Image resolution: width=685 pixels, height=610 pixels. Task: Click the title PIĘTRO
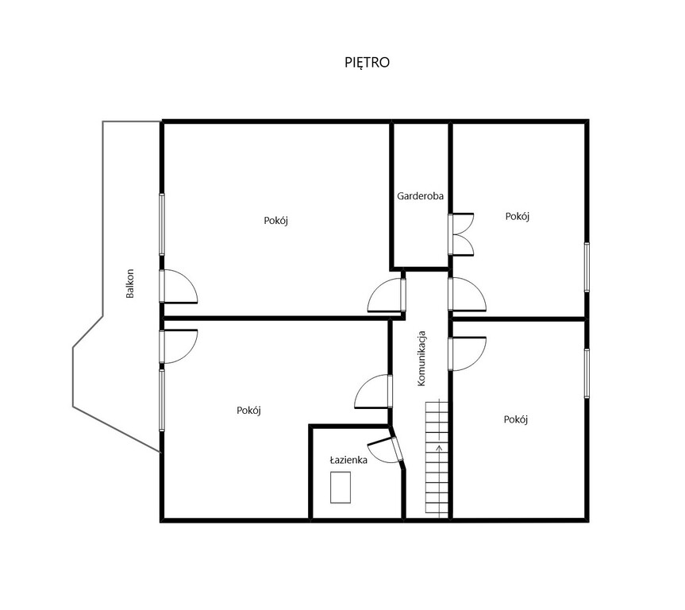coord(367,63)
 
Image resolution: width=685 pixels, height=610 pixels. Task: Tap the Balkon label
coord(129,284)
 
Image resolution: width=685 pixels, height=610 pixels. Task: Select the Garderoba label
coord(420,196)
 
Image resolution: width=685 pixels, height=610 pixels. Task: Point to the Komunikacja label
coord(421,358)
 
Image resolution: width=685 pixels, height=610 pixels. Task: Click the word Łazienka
coord(348,460)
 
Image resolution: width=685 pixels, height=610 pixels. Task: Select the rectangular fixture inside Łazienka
coord(341,487)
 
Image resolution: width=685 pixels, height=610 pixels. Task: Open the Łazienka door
coord(385,450)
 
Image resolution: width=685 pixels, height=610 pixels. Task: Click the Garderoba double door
coord(461,234)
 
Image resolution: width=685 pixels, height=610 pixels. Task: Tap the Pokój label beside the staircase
coord(516,419)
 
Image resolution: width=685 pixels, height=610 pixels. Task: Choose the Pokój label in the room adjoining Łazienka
coord(248,410)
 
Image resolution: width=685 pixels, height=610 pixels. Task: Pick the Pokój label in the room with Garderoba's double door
coord(518,216)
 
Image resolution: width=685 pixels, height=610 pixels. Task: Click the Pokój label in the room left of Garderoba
coord(276,220)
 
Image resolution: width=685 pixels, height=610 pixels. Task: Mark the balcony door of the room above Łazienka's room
coord(179,287)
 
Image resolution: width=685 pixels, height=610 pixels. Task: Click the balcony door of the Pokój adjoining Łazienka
coord(179,346)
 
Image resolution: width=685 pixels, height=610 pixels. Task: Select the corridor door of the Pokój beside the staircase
coord(467,353)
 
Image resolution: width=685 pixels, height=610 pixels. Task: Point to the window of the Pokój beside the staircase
coord(587,373)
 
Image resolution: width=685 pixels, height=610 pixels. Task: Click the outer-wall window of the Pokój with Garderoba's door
coord(587,267)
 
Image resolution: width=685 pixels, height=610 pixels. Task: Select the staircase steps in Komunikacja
coord(437,459)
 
